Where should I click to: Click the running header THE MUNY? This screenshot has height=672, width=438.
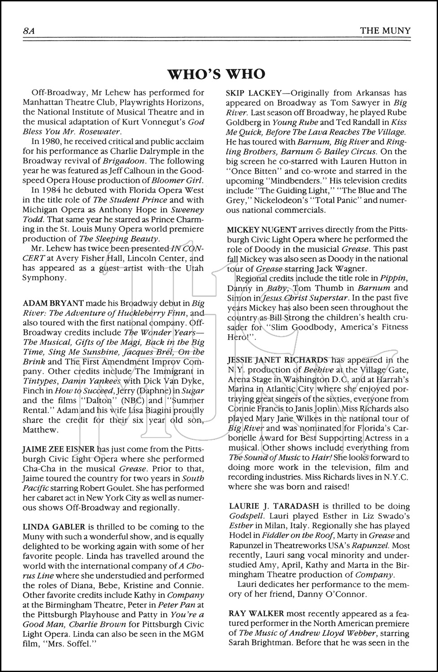(386, 30)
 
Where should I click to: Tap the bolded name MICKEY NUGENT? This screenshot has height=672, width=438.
(260, 229)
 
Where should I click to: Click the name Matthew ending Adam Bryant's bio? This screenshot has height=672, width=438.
(40, 430)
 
